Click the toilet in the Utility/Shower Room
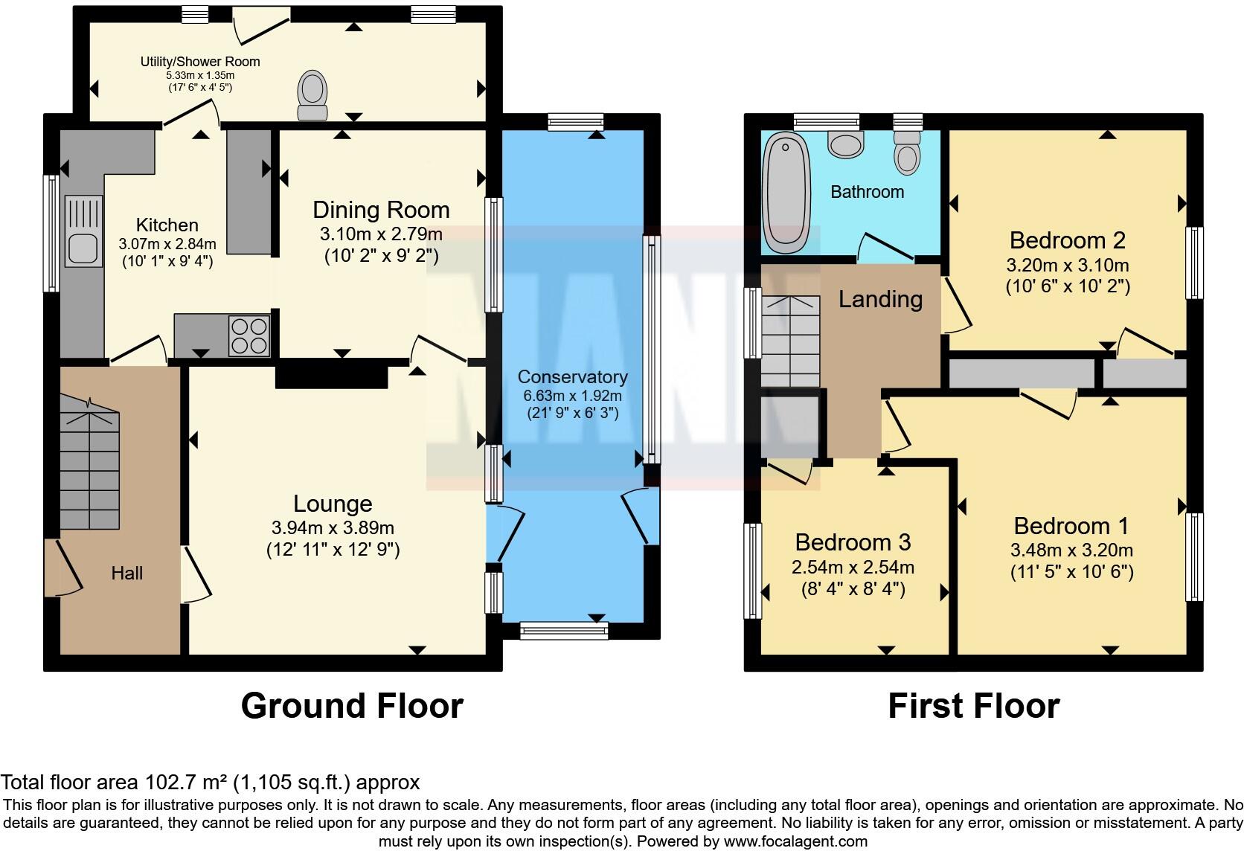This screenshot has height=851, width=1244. pyautogui.click(x=312, y=94)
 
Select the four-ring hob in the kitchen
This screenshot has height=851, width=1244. pyautogui.click(x=249, y=336)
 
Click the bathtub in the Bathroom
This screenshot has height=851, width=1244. pyautogui.click(x=786, y=192)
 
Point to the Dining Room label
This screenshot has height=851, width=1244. pyautogui.click(x=381, y=211)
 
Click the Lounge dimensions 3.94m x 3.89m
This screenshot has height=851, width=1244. pyautogui.click(x=333, y=528)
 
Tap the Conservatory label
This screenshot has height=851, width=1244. pyautogui.click(x=572, y=377)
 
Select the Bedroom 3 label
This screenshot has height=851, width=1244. pyautogui.click(x=853, y=542)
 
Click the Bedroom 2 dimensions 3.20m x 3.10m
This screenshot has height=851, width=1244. pyautogui.click(x=1068, y=265)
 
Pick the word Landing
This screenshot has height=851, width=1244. pyautogui.click(x=880, y=299)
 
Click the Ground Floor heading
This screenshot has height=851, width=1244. pyautogui.click(x=352, y=706)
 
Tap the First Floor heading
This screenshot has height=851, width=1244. pyautogui.click(x=973, y=706)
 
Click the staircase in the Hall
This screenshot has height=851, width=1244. pyautogui.click(x=89, y=461)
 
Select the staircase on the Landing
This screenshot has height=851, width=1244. pyautogui.click(x=790, y=342)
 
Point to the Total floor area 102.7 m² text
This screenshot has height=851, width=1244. pyautogui.click(x=210, y=783)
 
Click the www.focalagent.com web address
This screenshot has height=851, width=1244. pyautogui.click(x=795, y=842)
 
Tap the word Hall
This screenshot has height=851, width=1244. pyautogui.click(x=127, y=574)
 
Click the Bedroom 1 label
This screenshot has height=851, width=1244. pyautogui.click(x=1071, y=526)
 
